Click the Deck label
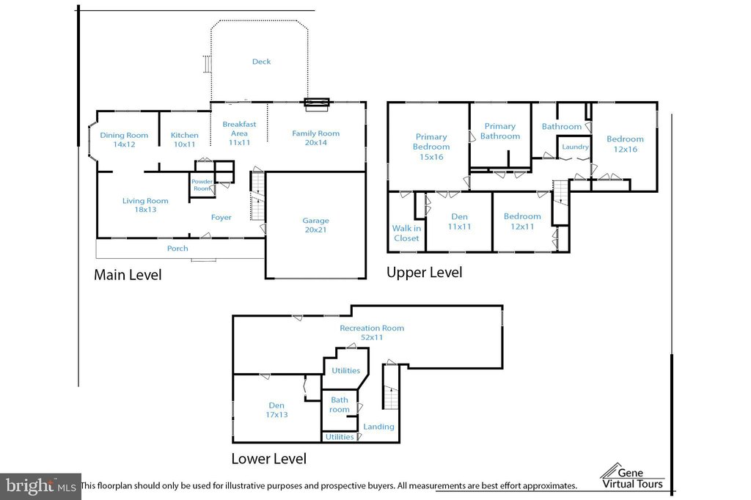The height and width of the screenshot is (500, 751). coord(262,62)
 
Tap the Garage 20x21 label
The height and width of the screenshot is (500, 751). coord(315,225)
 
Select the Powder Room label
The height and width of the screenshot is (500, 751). coord(202,185)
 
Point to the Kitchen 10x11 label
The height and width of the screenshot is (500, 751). coord(184,139)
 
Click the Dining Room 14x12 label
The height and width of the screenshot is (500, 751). coord(124,139)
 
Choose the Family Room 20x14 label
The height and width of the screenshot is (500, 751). coord(315,137)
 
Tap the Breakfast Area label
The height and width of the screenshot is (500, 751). coord(239,133)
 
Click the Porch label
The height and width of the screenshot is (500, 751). coord(177,248)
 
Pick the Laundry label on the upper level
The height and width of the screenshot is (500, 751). coord(575,147)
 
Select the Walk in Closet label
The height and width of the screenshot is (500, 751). coord(406,233)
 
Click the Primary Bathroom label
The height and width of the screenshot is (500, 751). coord(500,130)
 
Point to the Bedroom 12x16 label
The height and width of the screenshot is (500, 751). coord(625,144)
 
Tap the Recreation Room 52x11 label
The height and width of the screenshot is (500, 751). coord(372,332)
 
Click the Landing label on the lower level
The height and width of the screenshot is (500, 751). coord(378,426)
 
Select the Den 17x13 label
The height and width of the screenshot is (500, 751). coord(276,410)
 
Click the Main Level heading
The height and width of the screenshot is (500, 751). coord(128,274)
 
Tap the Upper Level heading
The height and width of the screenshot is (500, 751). coord(425,273)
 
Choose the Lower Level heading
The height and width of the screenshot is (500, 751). coord(268,458)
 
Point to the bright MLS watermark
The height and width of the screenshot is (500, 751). coord(41,487)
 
